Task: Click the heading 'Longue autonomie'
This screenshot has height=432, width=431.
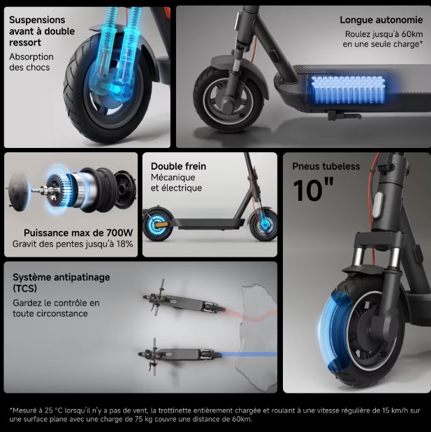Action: (381, 20)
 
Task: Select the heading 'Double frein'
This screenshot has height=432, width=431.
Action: (178, 167)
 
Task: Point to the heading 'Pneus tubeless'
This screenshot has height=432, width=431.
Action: (326, 167)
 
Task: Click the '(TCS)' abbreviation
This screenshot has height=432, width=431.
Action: (24, 288)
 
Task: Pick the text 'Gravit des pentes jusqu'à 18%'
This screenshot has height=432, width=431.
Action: (73, 245)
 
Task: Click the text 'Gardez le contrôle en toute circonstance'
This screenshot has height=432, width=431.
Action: (56, 308)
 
